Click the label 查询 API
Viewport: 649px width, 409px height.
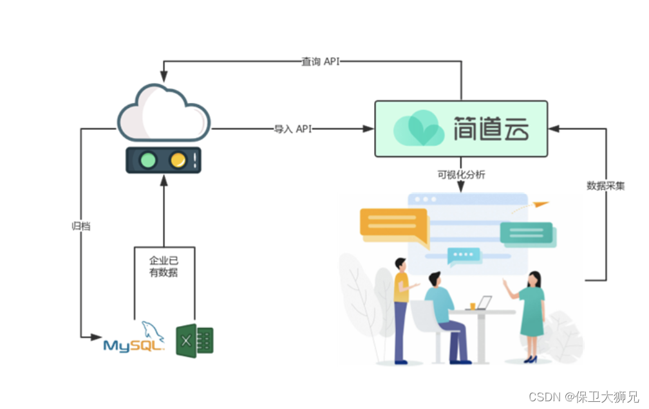[x=320, y=62]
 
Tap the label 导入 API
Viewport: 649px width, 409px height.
[x=293, y=129]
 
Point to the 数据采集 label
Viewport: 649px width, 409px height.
[x=605, y=186]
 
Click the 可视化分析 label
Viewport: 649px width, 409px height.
[x=461, y=174]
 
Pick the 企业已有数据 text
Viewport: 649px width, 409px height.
[x=164, y=266]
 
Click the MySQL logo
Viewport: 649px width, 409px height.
[x=135, y=338]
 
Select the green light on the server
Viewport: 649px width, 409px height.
[x=149, y=160]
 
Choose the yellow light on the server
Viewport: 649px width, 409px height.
[x=178, y=160]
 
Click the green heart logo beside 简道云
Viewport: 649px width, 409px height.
[x=419, y=129]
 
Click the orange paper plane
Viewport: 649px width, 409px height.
[x=541, y=204]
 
